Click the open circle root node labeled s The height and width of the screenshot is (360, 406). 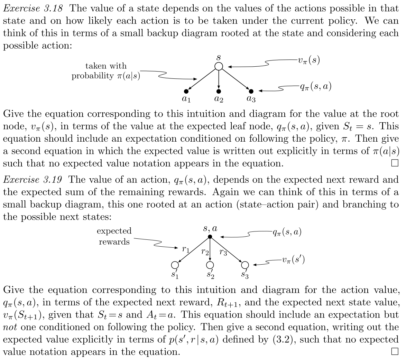(x=219, y=66)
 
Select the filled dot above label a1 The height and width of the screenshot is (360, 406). (x=186, y=91)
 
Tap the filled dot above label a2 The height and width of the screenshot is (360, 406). (x=219, y=91)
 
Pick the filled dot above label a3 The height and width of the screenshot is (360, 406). (x=251, y=91)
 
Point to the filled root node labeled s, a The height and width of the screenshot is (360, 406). (x=210, y=237)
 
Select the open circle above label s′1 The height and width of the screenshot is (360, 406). (x=174, y=265)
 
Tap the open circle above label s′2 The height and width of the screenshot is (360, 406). (x=210, y=265)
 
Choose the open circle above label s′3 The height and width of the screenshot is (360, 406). (x=245, y=265)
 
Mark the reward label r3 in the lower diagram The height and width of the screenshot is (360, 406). (x=223, y=252)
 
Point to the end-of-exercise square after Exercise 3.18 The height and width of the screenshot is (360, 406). (x=395, y=163)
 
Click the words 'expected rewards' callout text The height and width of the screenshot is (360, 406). (x=114, y=236)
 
